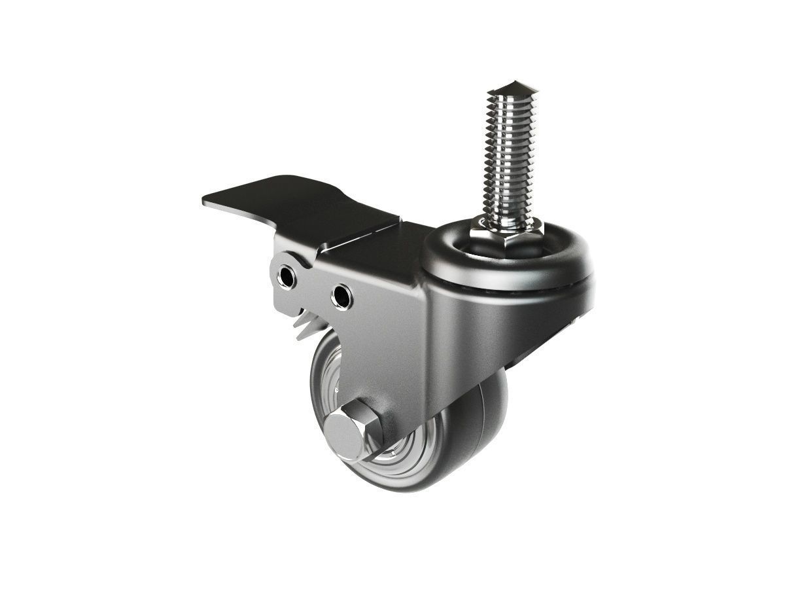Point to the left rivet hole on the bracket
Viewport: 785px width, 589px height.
[x=286, y=277]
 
